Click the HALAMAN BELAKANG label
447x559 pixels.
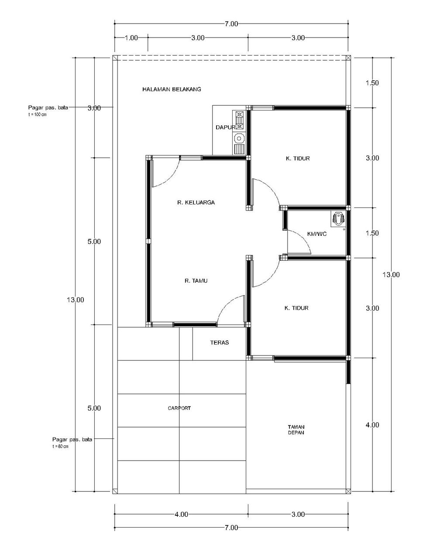pyautogui.click(x=172, y=90)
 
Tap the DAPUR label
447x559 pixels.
pyautogui.click(x=225, y=127)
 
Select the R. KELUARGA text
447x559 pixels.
pyautogui.click(x=196, y=202)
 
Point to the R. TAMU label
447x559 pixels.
pyautogui.click(x=196, y=280)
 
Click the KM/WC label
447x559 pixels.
pyautogui.click(x=316, y=234)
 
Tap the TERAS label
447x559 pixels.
pyautogui.click(x=220, y=342)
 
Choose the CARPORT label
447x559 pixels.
pyautogui.click(x=179, y=408)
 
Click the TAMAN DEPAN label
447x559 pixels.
pyautogui.click(x=296, y=430)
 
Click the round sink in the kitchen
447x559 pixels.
pyautogui.click(x=239, y=138)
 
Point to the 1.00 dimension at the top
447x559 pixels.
pyautogui.click(x=131, y=38)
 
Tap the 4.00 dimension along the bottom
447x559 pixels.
pyautogui.click(x=181, y=514)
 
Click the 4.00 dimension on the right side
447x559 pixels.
pyautogui.click(x=372, y=424)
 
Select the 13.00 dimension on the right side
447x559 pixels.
pyautogui.click(x=391, y=275)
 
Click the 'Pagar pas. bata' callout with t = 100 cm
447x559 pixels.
pyautogui.click(x=48, y=110)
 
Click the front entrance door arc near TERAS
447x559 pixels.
pyautogui.click(x=227, y=304)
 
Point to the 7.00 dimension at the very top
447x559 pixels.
pyautogui.click(x=231, y=24)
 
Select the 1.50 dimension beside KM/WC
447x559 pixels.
pyautogui.click(x=372, y=233)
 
